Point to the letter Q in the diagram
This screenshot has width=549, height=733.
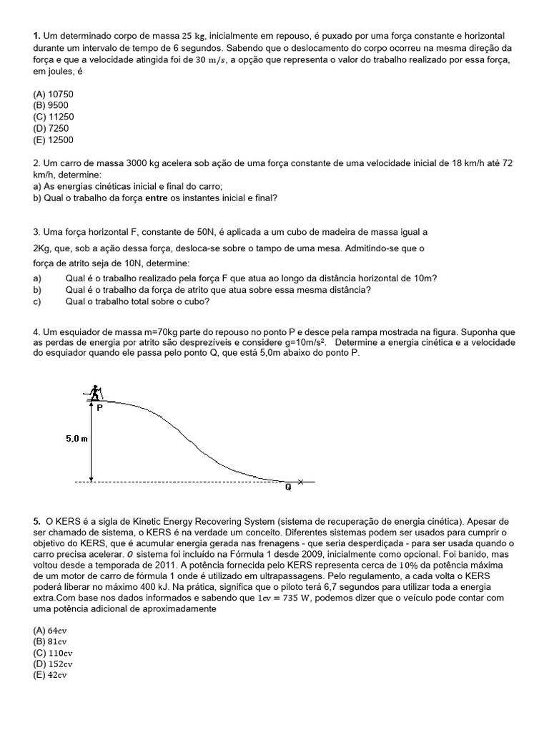point(288,488)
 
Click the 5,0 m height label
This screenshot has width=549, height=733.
point(76,439)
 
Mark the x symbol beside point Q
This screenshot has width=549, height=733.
point(301,482)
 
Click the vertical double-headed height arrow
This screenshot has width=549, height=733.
point(91,441)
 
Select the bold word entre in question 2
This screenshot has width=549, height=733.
point(159,198)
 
